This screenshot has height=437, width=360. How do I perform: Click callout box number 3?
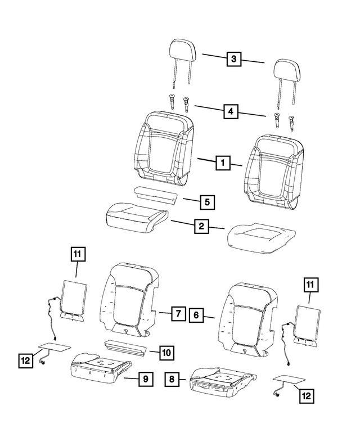(x=235, y=58)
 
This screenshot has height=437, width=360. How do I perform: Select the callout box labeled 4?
(x=230, y=111)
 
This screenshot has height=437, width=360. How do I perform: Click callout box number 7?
(x=177, y=313)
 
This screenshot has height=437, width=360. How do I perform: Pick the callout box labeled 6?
(x=196, y=316)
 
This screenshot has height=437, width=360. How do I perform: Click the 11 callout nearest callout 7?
(x=77, y=255)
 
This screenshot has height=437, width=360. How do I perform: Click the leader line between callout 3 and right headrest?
(x=254, y=62)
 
